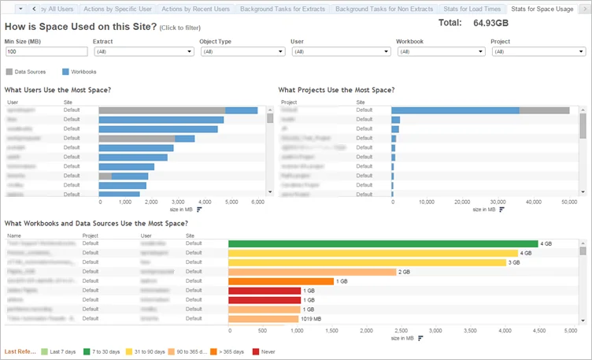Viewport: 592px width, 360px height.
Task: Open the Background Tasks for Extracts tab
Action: click(x=283, y=9)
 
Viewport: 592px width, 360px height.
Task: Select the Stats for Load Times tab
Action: click(x=471, y=9)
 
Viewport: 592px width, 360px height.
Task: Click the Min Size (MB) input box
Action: click(x=46, y=52)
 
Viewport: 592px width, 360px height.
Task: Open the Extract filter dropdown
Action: click(x=143, y=52)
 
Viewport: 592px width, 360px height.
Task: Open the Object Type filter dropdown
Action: click(x=242, y=52)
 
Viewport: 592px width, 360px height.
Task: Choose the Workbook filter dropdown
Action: click(x=440, y=52)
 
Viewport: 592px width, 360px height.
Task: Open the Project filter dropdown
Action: click(x=538, y=52)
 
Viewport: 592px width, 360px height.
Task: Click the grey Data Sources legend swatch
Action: click(x=9, y=71)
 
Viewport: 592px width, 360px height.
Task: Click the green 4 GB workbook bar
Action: click(x=383, y=243)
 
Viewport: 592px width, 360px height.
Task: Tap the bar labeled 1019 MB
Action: click(x=264, y=318)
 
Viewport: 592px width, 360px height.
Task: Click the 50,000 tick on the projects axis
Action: click(x=569, y=202)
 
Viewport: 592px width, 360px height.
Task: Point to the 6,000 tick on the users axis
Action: click(x=258, y=202)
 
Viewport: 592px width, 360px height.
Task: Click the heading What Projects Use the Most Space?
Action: click(x=336, y=90)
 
